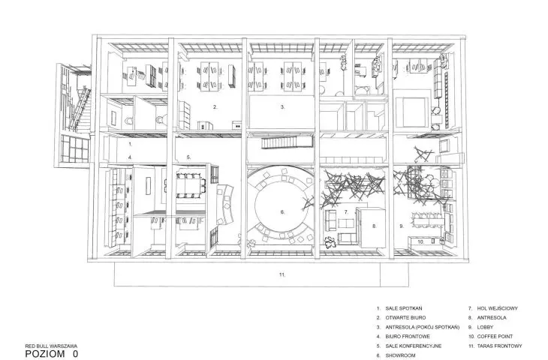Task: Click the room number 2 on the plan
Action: click(215, 107)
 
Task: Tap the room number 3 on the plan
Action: click(283, 107)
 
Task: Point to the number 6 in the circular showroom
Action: click(283, 212)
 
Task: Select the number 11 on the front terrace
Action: click(282, 274)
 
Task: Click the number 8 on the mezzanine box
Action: click(374, 226)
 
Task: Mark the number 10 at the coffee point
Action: click(421, 241)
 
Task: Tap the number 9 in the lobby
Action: click(402, 226)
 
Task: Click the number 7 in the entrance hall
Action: click(346, 212)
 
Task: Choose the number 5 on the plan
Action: click(188, 157)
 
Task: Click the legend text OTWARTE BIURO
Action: click(405, 318)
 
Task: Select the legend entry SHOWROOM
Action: click(401, 355)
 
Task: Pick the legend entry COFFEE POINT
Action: click(495, 337)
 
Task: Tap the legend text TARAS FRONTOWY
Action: click(499, 346)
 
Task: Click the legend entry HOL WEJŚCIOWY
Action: click(497, 308)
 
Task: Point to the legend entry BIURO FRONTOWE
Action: click(408, 337)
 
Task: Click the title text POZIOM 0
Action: click(52, 354)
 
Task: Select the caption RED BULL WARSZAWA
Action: click(51, 346)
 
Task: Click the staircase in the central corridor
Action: click(287, 143)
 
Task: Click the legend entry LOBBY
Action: click(485, 327)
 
